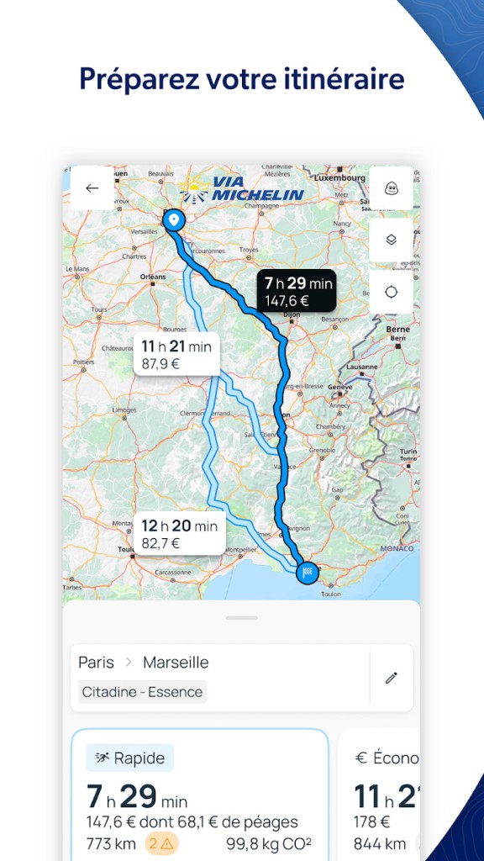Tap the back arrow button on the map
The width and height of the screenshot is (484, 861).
click(92, 188)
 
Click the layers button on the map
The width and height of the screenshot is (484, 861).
click(391, 240)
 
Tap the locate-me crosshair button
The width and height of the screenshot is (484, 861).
click(391, 292)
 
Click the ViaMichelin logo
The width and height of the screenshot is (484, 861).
click(243, 189)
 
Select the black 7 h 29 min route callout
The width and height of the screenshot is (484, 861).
click(297, 290)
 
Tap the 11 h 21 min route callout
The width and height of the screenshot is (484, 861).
click(176, 354)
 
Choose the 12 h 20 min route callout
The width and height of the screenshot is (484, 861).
click(179, 533)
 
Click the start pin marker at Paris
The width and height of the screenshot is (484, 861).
click(173, 219)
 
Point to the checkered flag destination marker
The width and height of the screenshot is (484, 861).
click(308, 572)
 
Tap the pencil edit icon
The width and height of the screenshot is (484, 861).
click(391, 678)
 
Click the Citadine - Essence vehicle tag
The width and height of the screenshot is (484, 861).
click(142, 692)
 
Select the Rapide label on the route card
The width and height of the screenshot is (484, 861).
click(130, 758)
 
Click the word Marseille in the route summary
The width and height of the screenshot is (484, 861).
click(176, 663)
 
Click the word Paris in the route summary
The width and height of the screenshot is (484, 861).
click(96, 663)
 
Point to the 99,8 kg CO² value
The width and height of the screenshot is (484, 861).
click(275, 843)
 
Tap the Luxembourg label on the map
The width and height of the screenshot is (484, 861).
click(341, 178)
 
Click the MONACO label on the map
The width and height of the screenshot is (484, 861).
click(397, 548)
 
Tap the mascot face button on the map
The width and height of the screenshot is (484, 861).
click(391, 188)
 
